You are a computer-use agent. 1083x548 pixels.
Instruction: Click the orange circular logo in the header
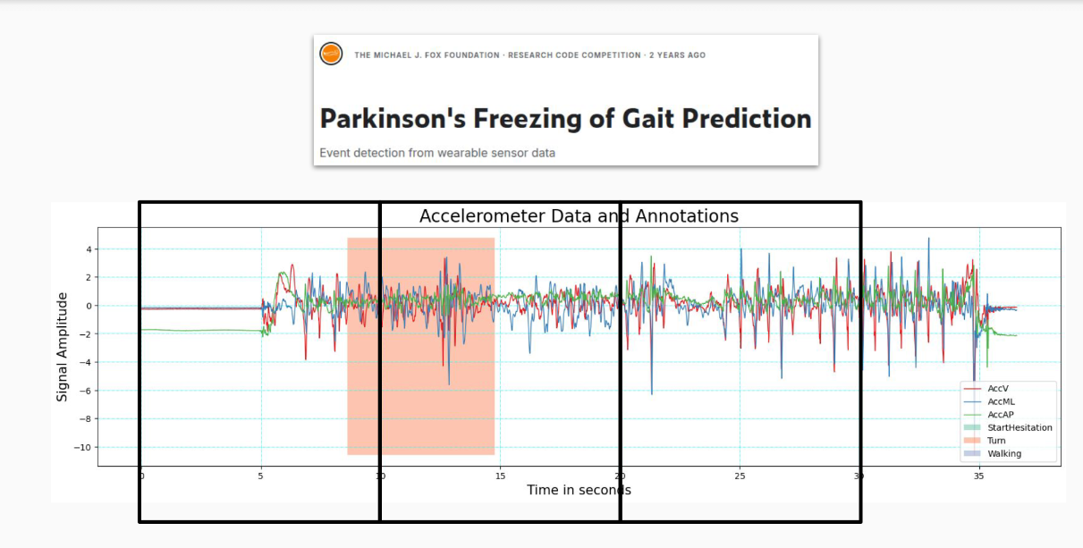331,54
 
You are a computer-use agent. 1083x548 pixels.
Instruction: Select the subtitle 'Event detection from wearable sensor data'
437,153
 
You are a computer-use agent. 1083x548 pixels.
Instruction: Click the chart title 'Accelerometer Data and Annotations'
579,216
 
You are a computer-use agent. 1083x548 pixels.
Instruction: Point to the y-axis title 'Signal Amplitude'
63,346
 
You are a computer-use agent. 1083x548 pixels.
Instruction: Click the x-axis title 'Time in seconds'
579,490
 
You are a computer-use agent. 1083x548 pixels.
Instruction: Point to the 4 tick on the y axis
87,249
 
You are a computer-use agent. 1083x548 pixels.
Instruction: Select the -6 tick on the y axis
85,391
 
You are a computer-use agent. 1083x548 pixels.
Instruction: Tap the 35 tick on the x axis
979,476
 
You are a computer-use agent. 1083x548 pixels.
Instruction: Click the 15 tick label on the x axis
501,476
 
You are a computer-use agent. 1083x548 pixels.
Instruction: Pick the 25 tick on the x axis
740,476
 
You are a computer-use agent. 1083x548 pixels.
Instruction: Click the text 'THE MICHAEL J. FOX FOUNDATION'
427,55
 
